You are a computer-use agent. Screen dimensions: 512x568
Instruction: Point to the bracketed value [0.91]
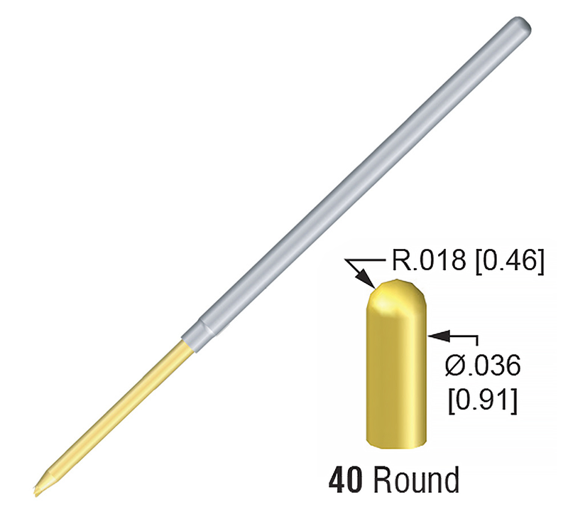(x=481, y=400)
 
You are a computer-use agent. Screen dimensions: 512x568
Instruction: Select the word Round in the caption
(x=416, y=481)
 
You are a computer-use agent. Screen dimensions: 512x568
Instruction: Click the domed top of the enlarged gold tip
(x=396, y=288)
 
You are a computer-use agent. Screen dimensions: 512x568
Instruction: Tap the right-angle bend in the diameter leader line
(x=478, y=333)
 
